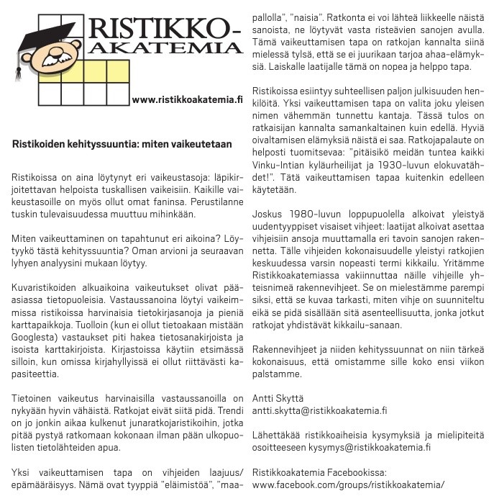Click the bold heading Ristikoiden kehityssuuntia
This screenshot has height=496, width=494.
point(122,144)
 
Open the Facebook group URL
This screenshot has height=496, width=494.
point(349,485)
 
